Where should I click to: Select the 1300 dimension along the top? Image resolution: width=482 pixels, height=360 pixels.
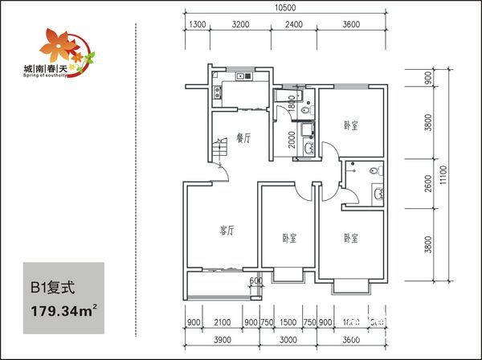point(198,25)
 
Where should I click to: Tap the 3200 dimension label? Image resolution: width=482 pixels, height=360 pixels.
point(240,25)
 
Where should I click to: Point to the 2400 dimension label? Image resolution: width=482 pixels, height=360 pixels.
point(293,25)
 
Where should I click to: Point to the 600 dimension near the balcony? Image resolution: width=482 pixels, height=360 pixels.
point(255,280)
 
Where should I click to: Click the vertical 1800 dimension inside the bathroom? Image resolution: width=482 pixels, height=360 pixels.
point(291,102)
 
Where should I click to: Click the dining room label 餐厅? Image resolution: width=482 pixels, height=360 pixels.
point(244,138)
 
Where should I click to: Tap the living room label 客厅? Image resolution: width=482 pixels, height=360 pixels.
point(227,231)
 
